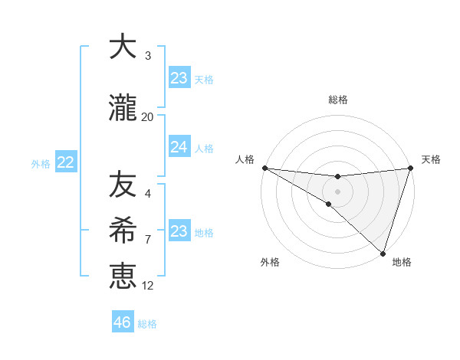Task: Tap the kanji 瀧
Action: pyautogui.click(x=122, y=109)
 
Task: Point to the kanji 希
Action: pyautogui.click(x=122, y=230)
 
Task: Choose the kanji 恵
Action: pyautogui.click(x=122, y=276)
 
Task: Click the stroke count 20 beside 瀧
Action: pyautogui.click(x=147, y=117)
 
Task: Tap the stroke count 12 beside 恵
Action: pyautogui.click(x=147, y=286)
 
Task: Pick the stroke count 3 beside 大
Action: pyautogui.click(x=147, y=56)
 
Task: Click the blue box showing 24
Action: pyautogui.click(x=179, y=147)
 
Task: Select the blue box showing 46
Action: pyautogui.click(x=123, y=322)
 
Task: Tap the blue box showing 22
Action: pyautogui.click(x=66, y=162)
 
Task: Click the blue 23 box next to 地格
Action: pyautogui.click(x=179, y=231)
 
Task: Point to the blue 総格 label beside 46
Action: pyautogui.click(x=147, y=324)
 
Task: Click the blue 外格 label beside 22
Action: pyautogui.click(x=41, y=163)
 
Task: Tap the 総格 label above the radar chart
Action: pyautogui.click(x=337, y=100)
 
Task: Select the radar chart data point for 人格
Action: pyautogui.click(x=264, y=168)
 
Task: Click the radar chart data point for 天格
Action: pyautogui.click(x=410, y=168)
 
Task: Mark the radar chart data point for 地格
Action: pyautogui.click(x=383, y=253)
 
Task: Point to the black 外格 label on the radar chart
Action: pyautogui.click(x=270, y=263)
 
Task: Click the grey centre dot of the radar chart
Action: pyautogui.click(x=337, y=190)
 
